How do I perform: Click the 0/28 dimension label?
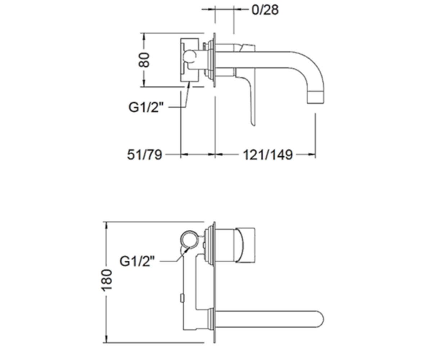pyautogui.click(x=265, y=10)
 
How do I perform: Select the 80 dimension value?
pyautogui.click(x=144, y=60)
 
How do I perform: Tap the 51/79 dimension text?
pyautogui.click(x=144, y=154)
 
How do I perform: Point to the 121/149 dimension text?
pyautogui.click(x=268, y=154)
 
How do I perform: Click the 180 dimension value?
pyautogui.click(x=107, y=280)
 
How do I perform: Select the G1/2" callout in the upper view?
pyautogui.click(x=146, y=107)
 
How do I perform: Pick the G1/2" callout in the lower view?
pyautogui.click(x=137, y=261)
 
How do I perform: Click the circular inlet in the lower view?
pyautogui.click(x=189, y=239)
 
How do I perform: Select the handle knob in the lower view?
pyautogui.click(x=246, y=246)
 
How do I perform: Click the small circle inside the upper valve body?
pyautogui.click(x=190, y=56)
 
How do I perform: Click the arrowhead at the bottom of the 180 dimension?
pyautogui.click(x=107, y=338)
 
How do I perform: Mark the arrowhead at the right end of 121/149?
pyautogui.click(x=312, y=154)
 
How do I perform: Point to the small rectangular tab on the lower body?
pyautogui.click(x=182, y=298)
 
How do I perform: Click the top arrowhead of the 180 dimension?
pyautogui.click(x=107, y=226)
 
